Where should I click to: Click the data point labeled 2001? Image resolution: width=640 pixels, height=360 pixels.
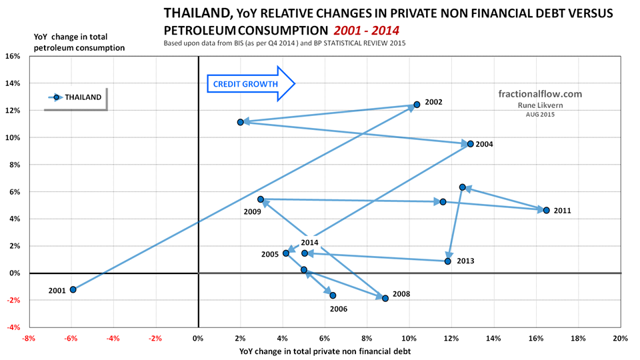[73, 289]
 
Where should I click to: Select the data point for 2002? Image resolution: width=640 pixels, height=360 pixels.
[417, 105]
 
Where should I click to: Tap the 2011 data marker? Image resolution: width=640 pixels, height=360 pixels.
[547, 210]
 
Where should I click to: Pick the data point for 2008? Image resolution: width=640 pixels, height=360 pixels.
[385, 298]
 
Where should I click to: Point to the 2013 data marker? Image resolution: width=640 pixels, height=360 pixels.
[448, 261]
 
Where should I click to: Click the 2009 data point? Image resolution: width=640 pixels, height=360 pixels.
[261, 199]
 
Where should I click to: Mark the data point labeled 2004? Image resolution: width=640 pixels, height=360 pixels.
[471, 144]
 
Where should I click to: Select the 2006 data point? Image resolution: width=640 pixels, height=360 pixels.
[333, 295]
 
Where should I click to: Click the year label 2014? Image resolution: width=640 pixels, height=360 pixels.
[310, 243]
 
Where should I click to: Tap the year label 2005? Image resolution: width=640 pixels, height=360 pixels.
[270, 255]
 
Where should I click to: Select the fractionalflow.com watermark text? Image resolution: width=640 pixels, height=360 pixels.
[540, 94]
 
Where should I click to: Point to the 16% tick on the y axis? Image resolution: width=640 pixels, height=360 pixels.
[13, 56]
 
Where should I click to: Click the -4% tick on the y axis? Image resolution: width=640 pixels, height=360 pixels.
[13, 327]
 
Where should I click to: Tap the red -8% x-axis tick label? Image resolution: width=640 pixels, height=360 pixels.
[28, 339]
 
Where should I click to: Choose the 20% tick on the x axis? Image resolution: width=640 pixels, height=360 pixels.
[620, 339]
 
